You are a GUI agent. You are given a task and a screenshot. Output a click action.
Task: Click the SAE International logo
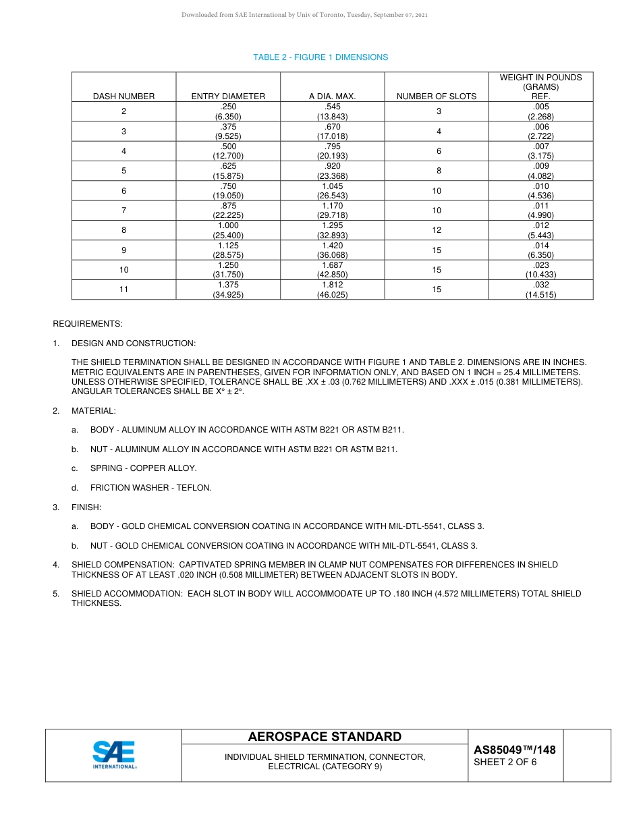click(x=114, y=755)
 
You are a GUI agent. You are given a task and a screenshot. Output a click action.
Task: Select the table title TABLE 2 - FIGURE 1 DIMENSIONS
click(x=320, y=57)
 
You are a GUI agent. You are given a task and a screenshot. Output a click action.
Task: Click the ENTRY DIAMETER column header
click(x=228, y=96)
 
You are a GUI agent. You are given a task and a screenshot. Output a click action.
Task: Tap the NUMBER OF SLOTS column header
click(x=436, y=96)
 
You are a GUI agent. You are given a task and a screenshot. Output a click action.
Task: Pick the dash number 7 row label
click(x=123, y=211)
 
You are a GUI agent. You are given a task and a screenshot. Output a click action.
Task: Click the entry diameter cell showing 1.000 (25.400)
click(x=228, y=231)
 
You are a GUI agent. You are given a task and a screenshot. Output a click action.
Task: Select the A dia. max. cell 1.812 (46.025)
click(x=332, y=289)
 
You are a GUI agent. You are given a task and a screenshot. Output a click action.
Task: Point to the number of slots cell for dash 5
click(x=437, y=171)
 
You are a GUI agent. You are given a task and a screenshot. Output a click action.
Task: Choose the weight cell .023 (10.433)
click(x=540, y=270)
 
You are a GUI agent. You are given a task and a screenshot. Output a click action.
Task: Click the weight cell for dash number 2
click(x=540, y=111)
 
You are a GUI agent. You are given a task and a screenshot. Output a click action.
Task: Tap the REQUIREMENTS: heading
click(x=88, y=324)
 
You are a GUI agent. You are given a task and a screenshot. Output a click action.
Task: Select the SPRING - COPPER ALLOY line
click(x=143, y=468)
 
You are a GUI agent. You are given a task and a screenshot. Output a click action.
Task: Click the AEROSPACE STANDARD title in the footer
click(x=325, y=737)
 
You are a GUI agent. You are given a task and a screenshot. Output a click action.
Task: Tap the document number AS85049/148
click(x=514, y=750)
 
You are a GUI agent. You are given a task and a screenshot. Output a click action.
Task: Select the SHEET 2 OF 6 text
click(x=505, y=763)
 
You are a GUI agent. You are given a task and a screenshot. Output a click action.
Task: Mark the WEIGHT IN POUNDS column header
click(x=540, y=87)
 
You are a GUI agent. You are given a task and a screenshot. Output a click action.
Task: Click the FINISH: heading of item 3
click(x=86, y=507)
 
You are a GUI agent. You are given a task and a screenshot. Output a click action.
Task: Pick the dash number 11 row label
click(x=123, y=289)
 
